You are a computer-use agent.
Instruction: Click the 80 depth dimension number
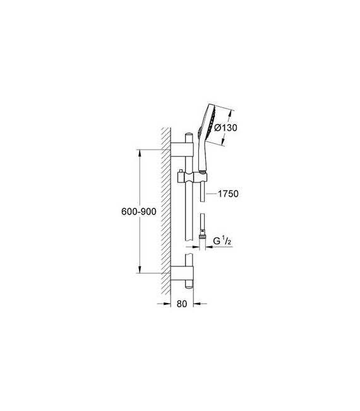pos(181,304)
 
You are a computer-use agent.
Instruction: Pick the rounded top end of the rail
pos(189,135)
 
